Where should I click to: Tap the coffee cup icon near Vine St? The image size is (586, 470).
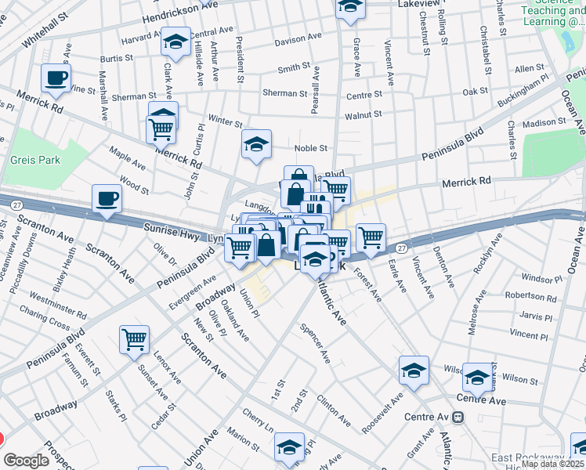(56, 78)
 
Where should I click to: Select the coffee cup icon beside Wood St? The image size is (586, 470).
(107, 199)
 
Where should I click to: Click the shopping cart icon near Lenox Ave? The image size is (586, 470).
(134, 340)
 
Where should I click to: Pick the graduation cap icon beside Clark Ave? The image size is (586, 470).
(176, 42)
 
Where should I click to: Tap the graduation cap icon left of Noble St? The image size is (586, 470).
(256, 145)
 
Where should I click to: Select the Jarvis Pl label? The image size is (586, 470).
(537, 316)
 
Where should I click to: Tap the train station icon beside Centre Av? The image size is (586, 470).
(458, 416)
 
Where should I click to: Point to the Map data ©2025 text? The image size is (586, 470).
(553, 464)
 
